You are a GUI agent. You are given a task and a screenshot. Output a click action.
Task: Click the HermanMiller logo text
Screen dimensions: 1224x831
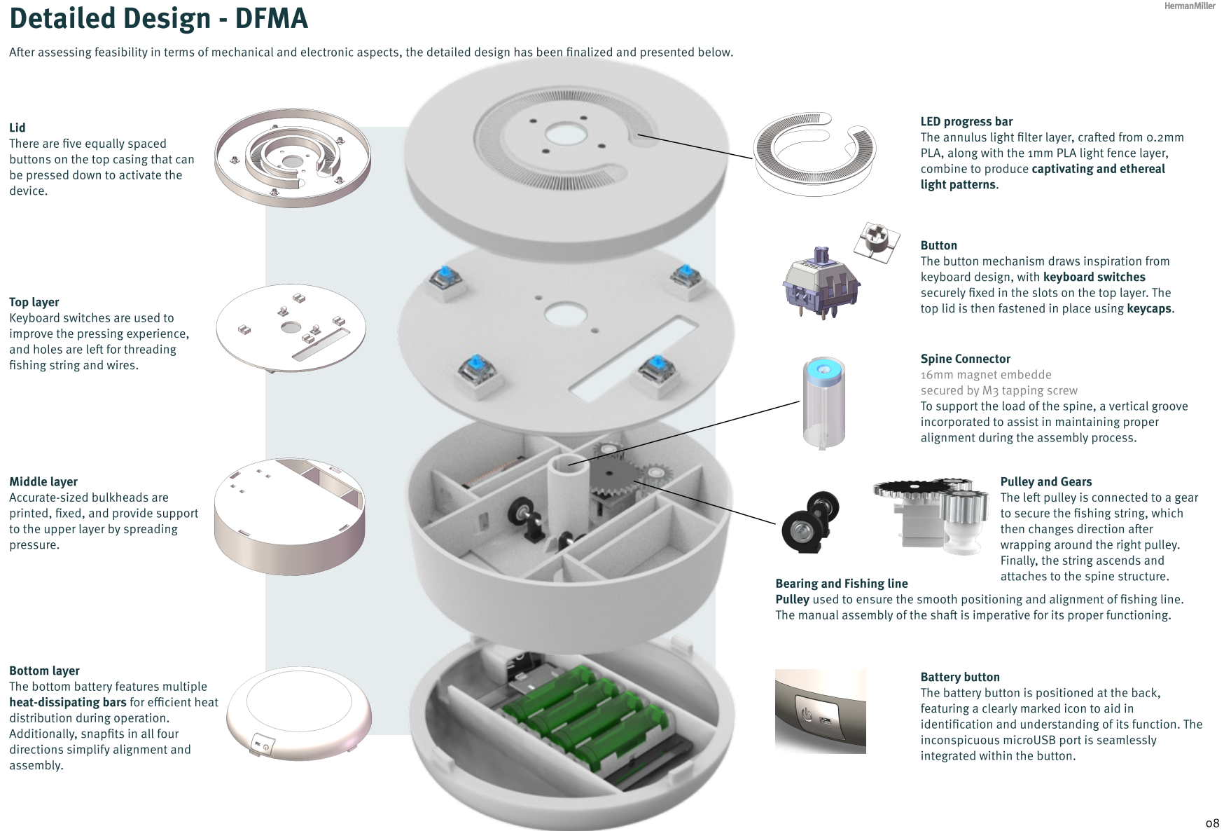[x=1190, y=6]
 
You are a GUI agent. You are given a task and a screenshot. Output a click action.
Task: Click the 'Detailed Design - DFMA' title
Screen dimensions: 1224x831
[x=158, y=18]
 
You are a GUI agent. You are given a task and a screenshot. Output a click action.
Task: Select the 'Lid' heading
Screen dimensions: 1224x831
[x=18, y=128]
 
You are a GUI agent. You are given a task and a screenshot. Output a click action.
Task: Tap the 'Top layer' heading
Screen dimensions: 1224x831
[x=34, y=302]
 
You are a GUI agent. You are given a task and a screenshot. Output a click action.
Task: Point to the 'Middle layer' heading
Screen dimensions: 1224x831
[x=43, y=481]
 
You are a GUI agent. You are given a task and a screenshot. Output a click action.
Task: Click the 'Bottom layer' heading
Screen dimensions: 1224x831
[x=44, y=671]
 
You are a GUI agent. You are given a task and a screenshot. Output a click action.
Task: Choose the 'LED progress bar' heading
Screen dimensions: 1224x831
[x=966, y=121]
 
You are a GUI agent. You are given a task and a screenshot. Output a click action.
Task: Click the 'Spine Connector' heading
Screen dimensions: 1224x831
[x=966, y=359]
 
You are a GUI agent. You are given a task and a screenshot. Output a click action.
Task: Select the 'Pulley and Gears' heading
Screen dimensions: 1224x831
[x=1046, y=481]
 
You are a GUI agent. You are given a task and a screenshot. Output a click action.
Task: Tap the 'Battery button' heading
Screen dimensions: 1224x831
[x=960, y=677]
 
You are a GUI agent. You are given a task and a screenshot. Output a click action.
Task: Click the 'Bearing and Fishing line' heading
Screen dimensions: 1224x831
[x=842, y=583]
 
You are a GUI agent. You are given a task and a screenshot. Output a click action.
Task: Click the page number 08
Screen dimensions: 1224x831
[x=1212, y=823]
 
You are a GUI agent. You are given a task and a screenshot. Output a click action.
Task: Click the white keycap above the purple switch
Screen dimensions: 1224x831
[x=876, y=242]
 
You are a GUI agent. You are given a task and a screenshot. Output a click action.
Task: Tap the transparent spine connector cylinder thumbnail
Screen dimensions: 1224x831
[x=823, y=403]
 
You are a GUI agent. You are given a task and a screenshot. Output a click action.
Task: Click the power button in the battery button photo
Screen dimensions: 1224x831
[x=807, y=715]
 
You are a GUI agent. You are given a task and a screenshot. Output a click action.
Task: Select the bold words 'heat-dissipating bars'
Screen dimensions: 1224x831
[x=68, y=702]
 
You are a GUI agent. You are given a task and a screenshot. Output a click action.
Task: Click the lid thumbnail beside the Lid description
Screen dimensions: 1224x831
[x=292, y=157]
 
